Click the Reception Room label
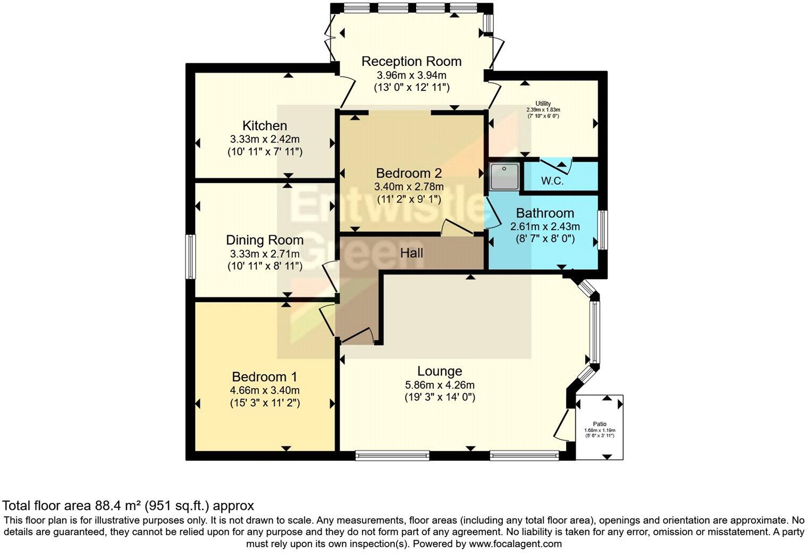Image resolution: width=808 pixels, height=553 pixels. [x=411, y=61]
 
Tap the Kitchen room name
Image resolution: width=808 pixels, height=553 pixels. [x=265, y=126]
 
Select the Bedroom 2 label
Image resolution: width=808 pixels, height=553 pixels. [x=409, y=173]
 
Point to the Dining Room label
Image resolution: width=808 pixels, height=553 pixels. [x=265, y=240]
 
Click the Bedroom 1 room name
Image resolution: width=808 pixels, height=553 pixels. [x=264, y=377]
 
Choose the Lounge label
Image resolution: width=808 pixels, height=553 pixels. [x=439, y=371]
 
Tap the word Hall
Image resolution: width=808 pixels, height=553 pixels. [x=411, y=253]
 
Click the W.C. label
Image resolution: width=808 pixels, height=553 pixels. [x=552, y=181]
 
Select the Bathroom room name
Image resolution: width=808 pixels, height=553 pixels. [x=545, y=213]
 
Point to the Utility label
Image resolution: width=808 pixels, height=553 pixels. [x=543, y=104]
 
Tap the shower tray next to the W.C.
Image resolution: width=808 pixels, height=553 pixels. [x=503, y=176]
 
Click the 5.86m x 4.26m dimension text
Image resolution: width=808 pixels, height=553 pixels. [x=439, y=385]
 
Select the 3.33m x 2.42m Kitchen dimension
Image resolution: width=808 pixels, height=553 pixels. [x=265, y=140]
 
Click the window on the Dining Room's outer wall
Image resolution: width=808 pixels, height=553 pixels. [x=190, y=256]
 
